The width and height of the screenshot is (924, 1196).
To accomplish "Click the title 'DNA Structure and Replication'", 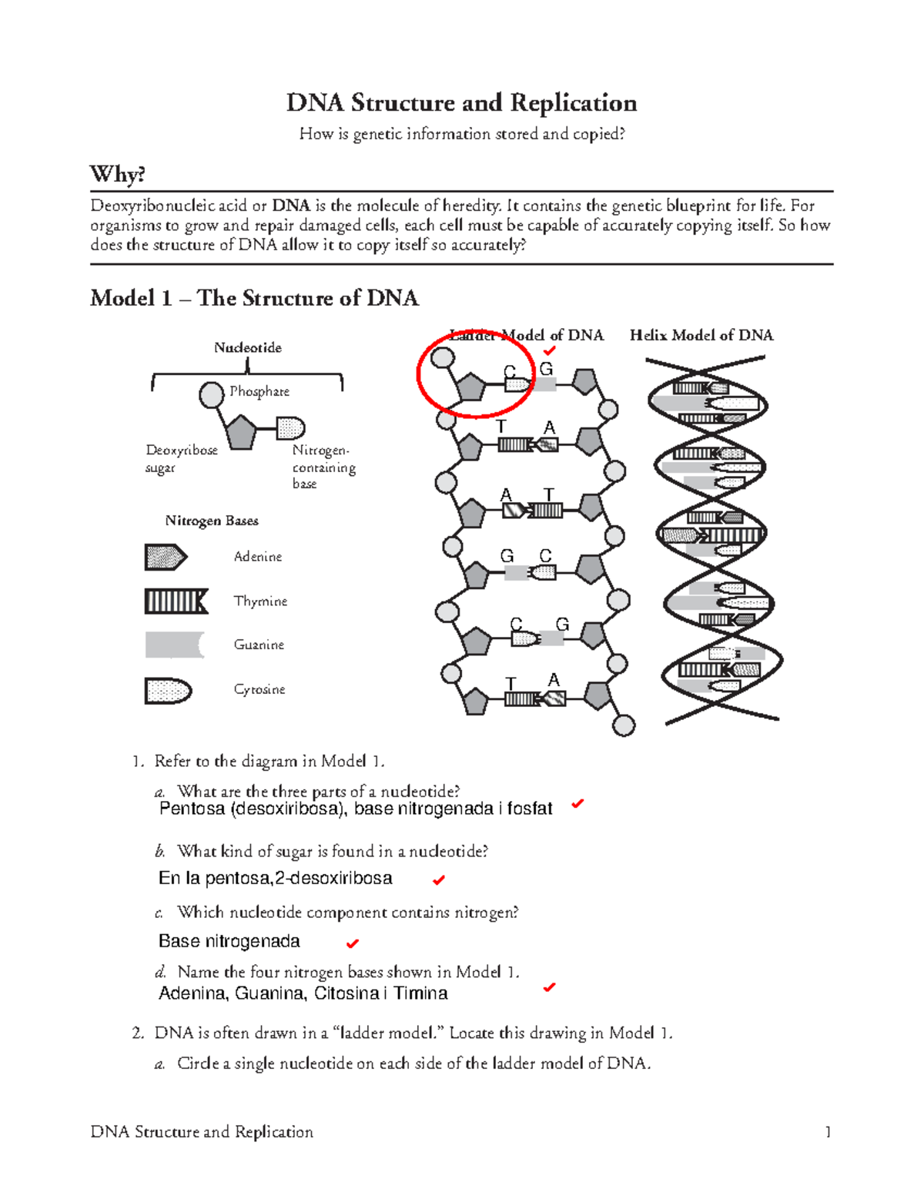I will pos(461,103).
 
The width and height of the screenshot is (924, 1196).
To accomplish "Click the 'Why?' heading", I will pos(117,174).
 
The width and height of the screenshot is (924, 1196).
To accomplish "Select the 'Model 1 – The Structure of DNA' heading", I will pos(254,298).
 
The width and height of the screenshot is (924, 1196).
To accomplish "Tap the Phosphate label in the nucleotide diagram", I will pos(259,391).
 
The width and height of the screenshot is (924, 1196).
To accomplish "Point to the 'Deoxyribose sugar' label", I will pos(181,458).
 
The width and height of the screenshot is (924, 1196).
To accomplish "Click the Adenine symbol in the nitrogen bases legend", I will pos(166,557).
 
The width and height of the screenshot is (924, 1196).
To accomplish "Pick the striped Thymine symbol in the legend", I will pos(176,601).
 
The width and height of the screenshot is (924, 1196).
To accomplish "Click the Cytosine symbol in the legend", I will pos(168,690).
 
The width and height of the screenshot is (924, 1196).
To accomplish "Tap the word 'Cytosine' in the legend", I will pos(259,689).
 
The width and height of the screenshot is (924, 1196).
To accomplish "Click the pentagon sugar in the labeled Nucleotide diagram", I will pos(241,433).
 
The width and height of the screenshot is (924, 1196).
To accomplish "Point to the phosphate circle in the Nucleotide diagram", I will pos(211,395).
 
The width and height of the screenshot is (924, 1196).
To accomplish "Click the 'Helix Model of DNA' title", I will pos(701,335).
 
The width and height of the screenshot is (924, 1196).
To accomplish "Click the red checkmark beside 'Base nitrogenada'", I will pos(353,943).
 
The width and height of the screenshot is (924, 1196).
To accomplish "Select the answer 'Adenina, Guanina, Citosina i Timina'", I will pos(303,993).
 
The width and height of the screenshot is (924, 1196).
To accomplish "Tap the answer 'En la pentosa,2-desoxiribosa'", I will pos(275,879).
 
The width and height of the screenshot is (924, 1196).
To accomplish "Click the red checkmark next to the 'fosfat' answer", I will pos(577,804).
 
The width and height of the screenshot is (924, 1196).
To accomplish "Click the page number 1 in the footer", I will pos(828,1132).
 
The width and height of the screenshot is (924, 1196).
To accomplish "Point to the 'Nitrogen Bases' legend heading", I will pos(212,521).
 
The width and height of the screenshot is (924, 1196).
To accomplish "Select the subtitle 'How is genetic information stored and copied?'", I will pos(461,134).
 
